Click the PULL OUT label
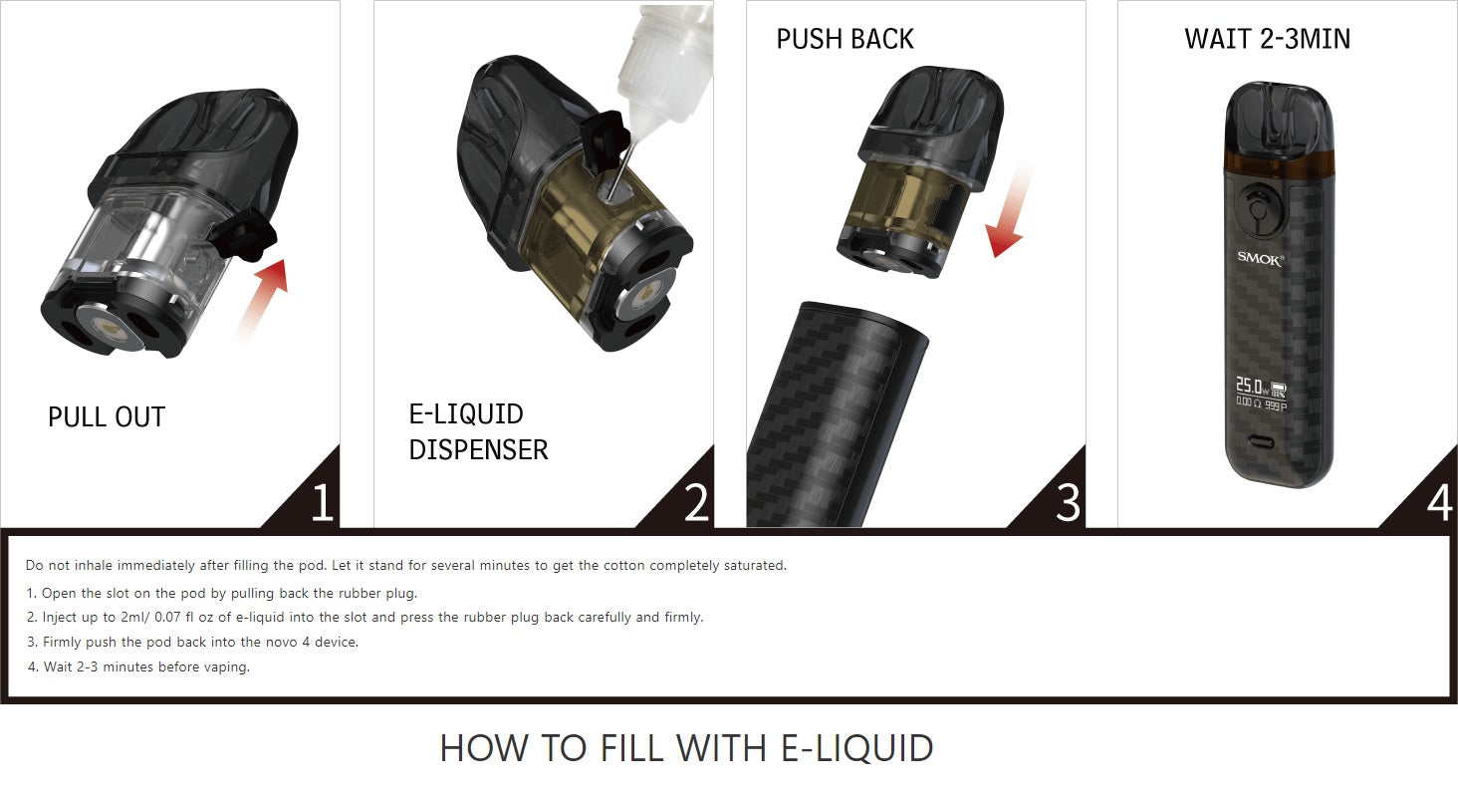pyautogui.click(x=107, y=417)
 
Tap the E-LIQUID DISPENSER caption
pyautogui.click(x=478, y=432)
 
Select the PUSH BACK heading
pyautogui.click(x=845, y=39)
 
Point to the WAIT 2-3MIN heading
pyautogui.click(x=1268, y=39)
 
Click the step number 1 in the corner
pyautogui.click(x=323, y=502)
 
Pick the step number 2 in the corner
pyautogui.click(x=696, y=502)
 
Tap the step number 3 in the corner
pyautogui.click(x=1069, y=502)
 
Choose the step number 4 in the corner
pyautogui.click(x=1440, y=502)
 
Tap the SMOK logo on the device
pyautogui.click(x=1260, y=258)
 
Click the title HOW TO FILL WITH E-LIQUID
pyautogui.click(x=687, y=748)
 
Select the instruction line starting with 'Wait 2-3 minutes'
pyautogui.click(x=138, y=667)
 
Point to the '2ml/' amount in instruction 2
pyautogui.click(x=135, y=617)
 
